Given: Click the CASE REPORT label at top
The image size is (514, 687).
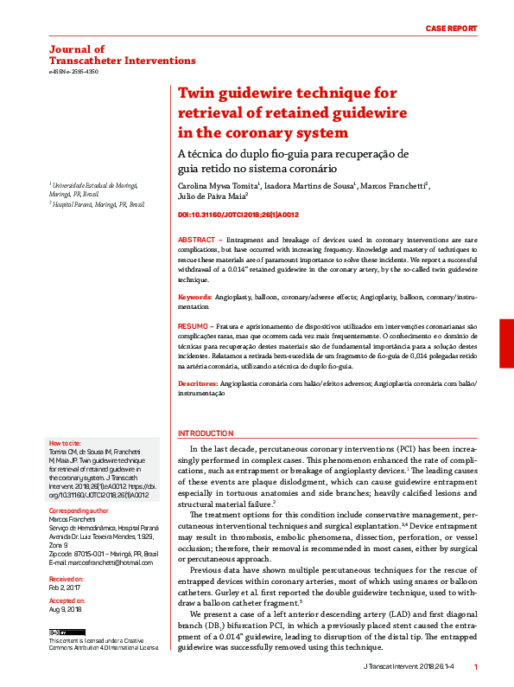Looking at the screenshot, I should pyautogui.click(x=451, y=29).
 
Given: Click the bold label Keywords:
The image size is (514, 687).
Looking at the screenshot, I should pyautogui.click(x=195, y=297).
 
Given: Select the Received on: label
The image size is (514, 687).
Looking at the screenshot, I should pyautogui.click(x=67, y=576).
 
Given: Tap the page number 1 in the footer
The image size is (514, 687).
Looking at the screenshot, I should pyautogui.click(x=476, y=667).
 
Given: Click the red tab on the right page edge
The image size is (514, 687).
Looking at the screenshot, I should pyautogui.click(x=506, y=343).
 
